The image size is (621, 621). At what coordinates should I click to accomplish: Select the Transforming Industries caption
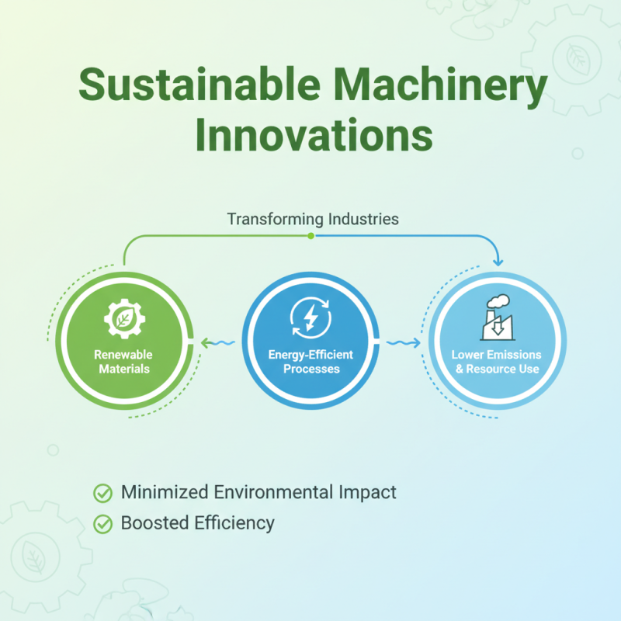point(313,219)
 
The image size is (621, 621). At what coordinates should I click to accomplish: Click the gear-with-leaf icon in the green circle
point(124,320)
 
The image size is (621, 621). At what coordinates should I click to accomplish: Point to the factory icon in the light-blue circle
point(497,318)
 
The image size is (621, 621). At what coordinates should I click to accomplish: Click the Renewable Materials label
point(124,361)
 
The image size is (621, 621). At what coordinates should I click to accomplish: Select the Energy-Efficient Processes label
point(310,361)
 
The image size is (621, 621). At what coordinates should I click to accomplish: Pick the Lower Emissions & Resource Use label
point(497,361)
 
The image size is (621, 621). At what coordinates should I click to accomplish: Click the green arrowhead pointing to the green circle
point(204,342)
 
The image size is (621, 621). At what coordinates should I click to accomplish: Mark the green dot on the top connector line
point(310,235)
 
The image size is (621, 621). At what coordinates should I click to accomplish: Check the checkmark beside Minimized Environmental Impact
point(102,493)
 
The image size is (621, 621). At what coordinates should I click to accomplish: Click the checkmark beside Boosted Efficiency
point(102,524)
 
